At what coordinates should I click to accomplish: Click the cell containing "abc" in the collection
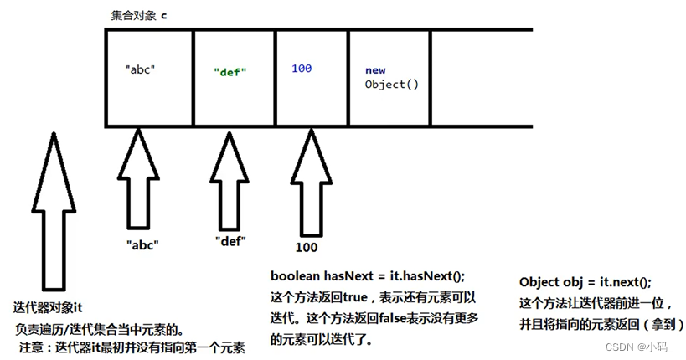(149, 77)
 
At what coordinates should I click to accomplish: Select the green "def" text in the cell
(228, 72)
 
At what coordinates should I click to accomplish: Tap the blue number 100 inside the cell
(302, 68)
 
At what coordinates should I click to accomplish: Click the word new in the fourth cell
(374, 71)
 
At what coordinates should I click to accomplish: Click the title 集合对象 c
(139, 16)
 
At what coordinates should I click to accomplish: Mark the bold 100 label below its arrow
(307, 249)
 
